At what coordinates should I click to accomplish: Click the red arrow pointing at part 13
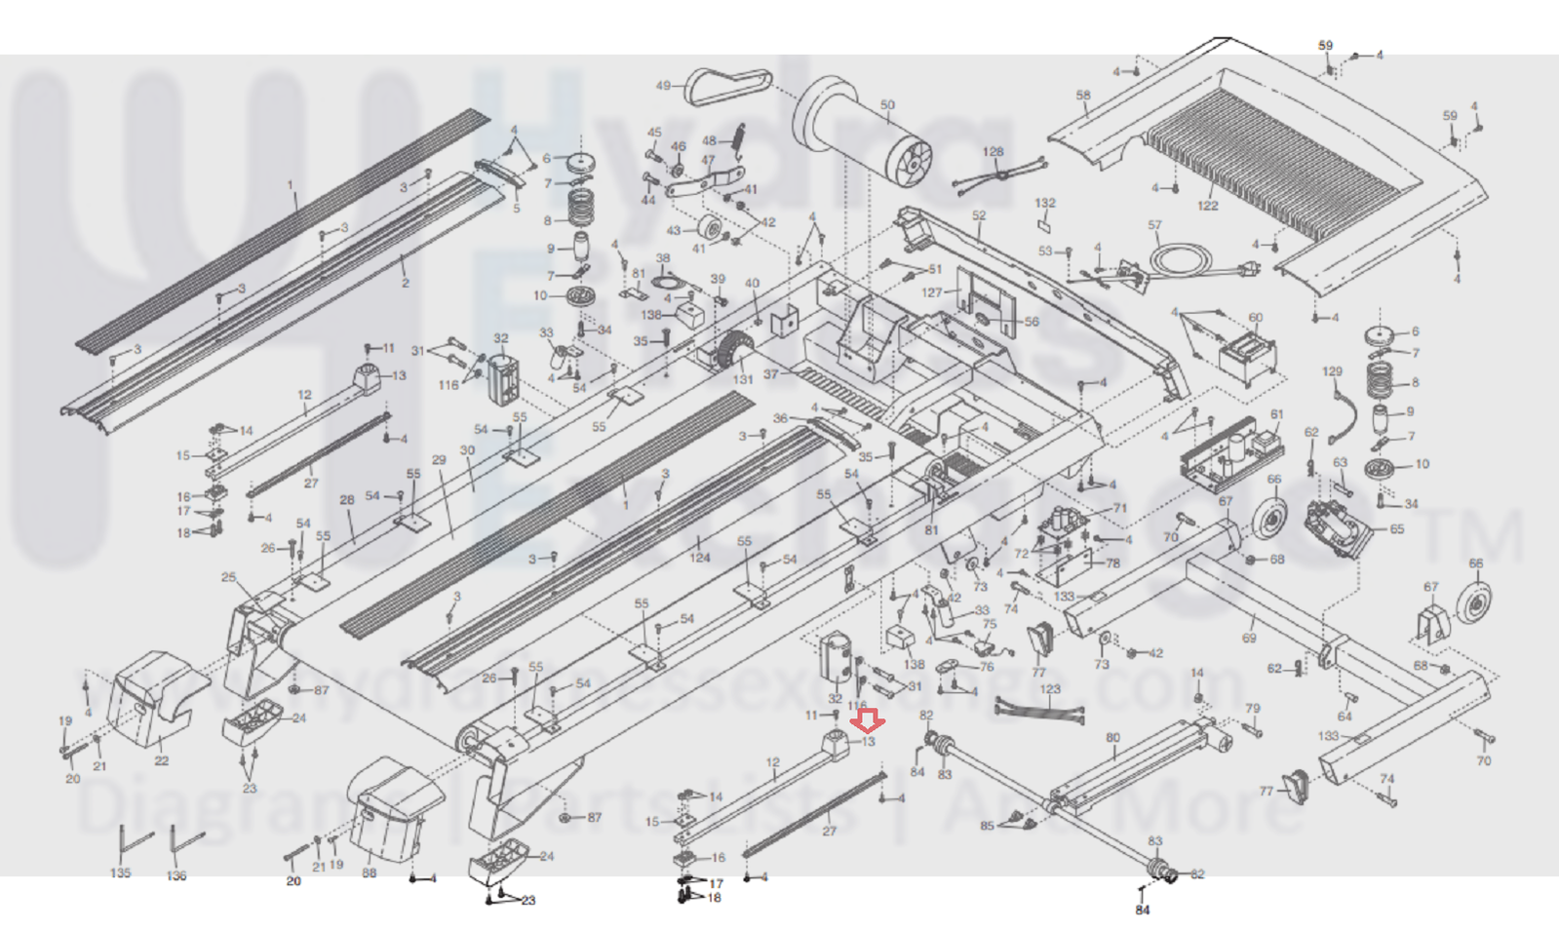point(867,721)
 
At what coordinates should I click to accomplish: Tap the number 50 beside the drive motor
point(886,105)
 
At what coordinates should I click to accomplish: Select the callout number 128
point(993,152)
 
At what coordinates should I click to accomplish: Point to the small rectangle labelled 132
point(1043,223)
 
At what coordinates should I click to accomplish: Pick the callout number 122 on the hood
point(1207,206)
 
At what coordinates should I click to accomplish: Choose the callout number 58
point(1083,96)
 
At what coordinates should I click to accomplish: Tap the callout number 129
point(1332,371)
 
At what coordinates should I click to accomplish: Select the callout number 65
point(1397,529)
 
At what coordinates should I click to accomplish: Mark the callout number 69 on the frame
point(1249,639)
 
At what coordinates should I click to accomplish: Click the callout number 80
point(1112,738)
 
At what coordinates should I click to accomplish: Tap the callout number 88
point(369,873)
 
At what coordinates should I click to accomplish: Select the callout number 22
point(162,760)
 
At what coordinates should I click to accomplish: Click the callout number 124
point(699,558)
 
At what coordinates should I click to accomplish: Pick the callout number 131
point(743,379)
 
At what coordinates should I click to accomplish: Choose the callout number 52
point(978,215)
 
